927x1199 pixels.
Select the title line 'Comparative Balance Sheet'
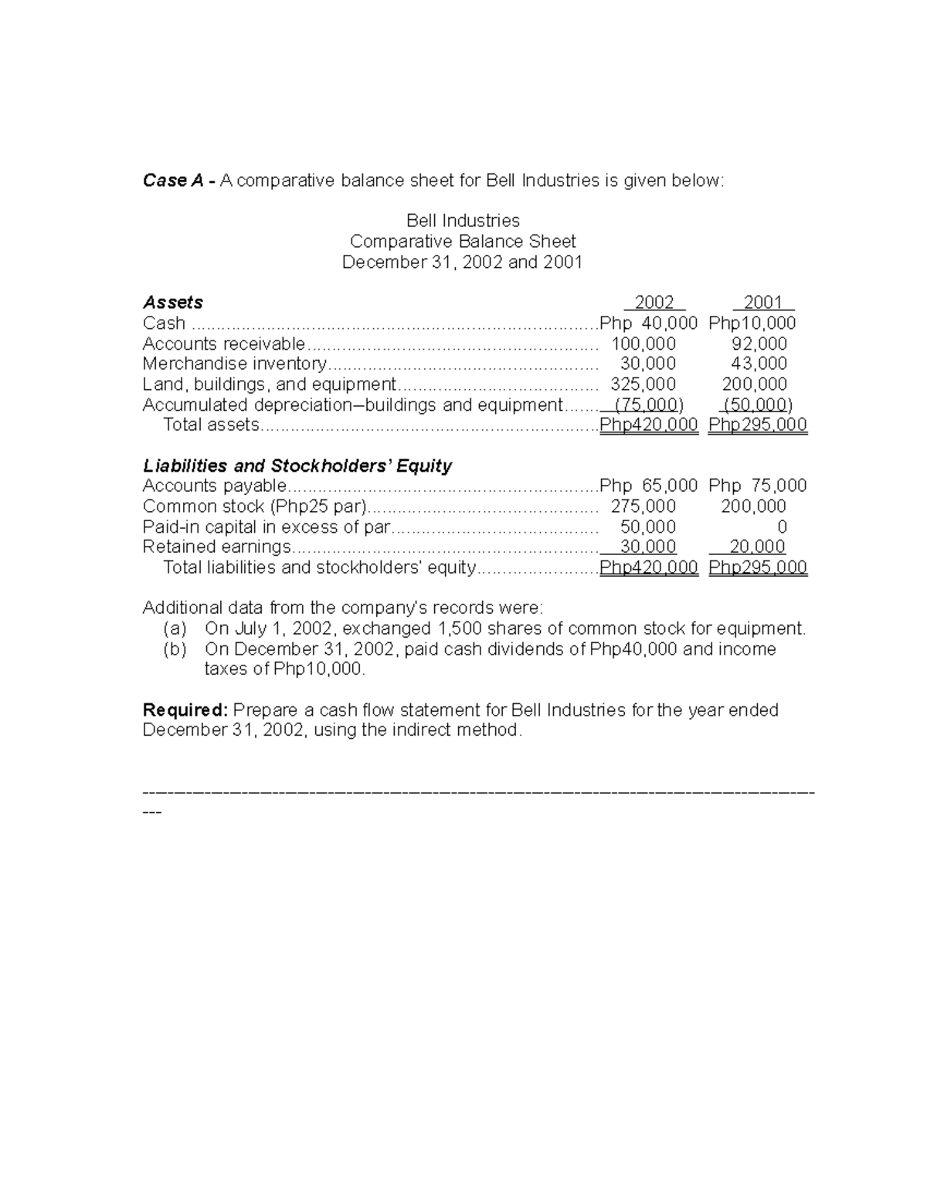(x=463, y=242)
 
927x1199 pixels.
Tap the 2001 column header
(x=763, y=303)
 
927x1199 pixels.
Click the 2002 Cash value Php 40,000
(x=649, y=323)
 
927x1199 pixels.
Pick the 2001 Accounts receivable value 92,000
(x=759, y=344)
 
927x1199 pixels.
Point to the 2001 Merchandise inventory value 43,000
(x=759, y=364)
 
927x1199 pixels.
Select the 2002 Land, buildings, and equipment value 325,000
(x=643, y=384)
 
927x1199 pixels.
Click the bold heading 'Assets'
(x=173, y=303)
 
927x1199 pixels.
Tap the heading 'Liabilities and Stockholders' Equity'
(x=297, y=466)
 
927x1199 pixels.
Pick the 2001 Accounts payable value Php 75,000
(x=757, y=486)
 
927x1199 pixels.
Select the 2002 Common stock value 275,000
(x=643, y=506)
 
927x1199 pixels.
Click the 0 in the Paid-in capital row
(x=782, y=527)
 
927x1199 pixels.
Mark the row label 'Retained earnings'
(x=217, y=547)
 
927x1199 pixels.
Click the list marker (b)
(x=175, y=649)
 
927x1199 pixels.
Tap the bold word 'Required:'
(x=185, y=710)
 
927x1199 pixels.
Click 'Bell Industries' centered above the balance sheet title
(x=463, y=221)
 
